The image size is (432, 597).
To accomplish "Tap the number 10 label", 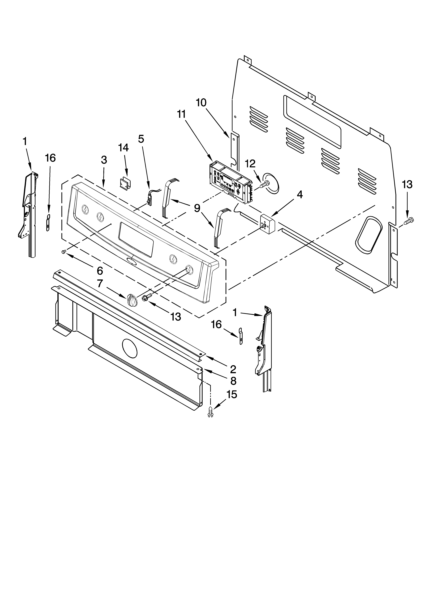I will point(201,103).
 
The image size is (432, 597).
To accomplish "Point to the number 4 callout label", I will point(299,195).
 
